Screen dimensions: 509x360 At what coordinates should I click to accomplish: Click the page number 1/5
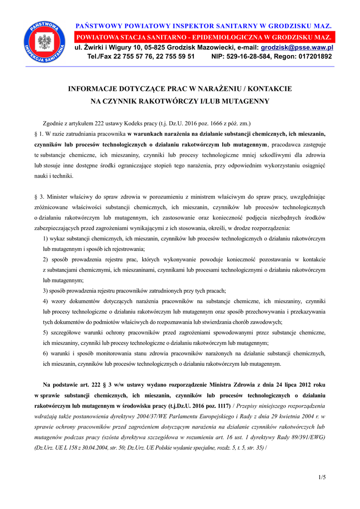[x=322, y=478]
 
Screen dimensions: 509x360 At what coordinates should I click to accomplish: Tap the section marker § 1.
[x=38, y=134]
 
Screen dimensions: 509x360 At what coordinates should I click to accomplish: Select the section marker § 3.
[x=38, y=197]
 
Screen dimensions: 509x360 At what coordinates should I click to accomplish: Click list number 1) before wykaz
[x=46, y=239]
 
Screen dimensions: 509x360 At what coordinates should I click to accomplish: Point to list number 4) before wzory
[x=46, y=301]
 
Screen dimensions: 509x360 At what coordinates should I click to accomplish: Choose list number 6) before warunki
[x=46, y=353]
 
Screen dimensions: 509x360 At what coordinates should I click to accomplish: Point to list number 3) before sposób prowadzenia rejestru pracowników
[x=46, y=291]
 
